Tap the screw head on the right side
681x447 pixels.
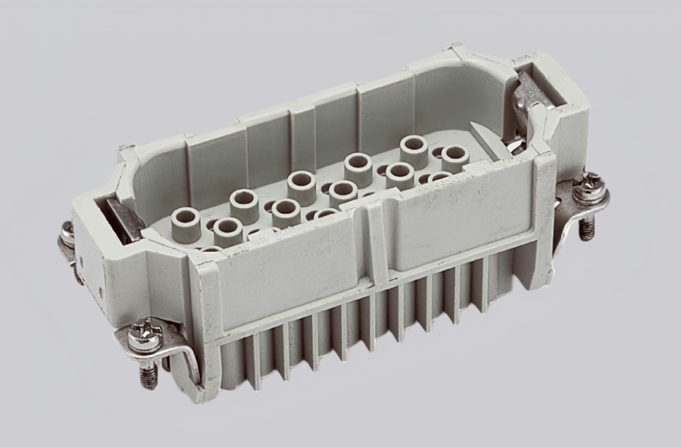coord(588,188)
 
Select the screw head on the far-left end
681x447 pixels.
coord(67,234)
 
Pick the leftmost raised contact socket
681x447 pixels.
coord(185,223)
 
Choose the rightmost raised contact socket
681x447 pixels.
coord(455,158)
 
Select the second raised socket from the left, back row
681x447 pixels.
coord(244,204)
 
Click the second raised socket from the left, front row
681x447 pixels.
coord(228,232)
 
